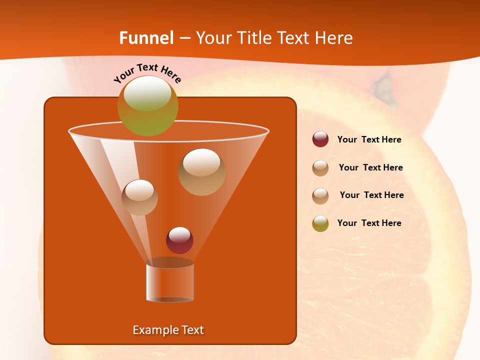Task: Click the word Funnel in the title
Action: [x=146, y=38]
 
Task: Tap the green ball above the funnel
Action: [x=148, y=106]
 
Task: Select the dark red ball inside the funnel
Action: [x=179, y=240]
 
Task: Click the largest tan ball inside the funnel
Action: [x=201, y=172]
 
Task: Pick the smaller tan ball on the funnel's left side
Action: [x=139, y=197]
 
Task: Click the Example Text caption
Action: [x=168, y=330]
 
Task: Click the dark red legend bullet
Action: [x=320, y=139]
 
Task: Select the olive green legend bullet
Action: [x=320, y=223]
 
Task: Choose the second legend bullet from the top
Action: [x=320, y=168]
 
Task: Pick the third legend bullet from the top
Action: [x=320, y=195]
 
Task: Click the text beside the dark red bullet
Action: [x=369, y=140]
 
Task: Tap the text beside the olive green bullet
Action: [x=369, y=223]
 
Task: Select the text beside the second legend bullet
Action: [x=370, y=168]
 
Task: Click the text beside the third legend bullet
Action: [x=371, y=195]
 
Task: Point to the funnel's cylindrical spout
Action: [x=170, y=282]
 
